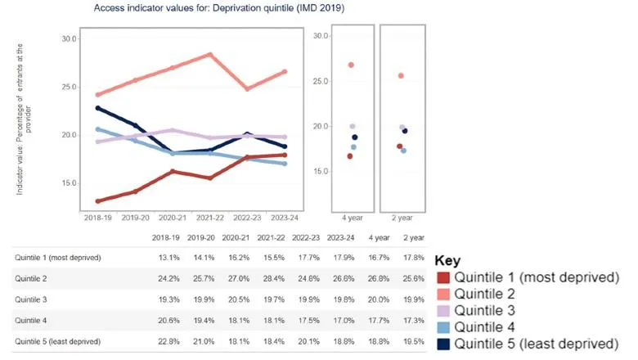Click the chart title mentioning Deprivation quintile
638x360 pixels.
click(x=218, y=8)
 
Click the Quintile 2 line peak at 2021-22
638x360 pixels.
click(x=210, y=55)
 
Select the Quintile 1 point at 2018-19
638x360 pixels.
click(x=98, y=200)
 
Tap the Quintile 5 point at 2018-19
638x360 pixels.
click(x=98, y=108)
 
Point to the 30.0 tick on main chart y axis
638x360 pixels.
click(x=69, y=39)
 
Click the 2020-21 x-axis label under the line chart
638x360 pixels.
click(x=173, y=218)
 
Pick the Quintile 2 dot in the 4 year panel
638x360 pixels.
click(x=351, y=65)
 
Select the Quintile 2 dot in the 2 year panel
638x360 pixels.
click(x=401, y=76)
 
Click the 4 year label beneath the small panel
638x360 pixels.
click(x=353, y=218)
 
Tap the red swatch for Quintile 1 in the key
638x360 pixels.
click(x=443, y=278)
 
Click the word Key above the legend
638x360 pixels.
click(x=447, y=259)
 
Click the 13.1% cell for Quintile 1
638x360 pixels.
click(x=164, y=257)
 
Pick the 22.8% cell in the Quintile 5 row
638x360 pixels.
click(x=164, y=341)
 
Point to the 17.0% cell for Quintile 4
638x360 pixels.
click(x=339, y=321)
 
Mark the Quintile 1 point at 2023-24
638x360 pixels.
click(x=284, y=155)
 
